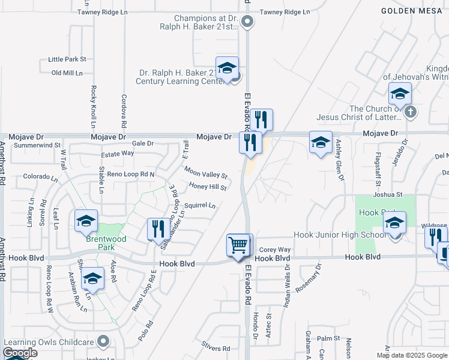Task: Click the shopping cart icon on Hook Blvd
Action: point(238,245)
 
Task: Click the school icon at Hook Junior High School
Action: point(394,223)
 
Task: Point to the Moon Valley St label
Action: point(206,173)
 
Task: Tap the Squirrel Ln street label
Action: point(200,205)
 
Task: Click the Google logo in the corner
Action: point(20,353)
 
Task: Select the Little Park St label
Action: point(67,59)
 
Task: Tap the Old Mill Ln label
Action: point(67,73)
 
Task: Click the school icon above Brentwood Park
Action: point(86,221)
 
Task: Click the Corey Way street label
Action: point(275,249)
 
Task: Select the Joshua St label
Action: point(387,194)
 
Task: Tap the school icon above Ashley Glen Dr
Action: point(321,143)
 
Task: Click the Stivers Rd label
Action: point(216,348)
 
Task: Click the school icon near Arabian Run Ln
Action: point(92,279)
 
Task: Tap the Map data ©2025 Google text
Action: point(411,355)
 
